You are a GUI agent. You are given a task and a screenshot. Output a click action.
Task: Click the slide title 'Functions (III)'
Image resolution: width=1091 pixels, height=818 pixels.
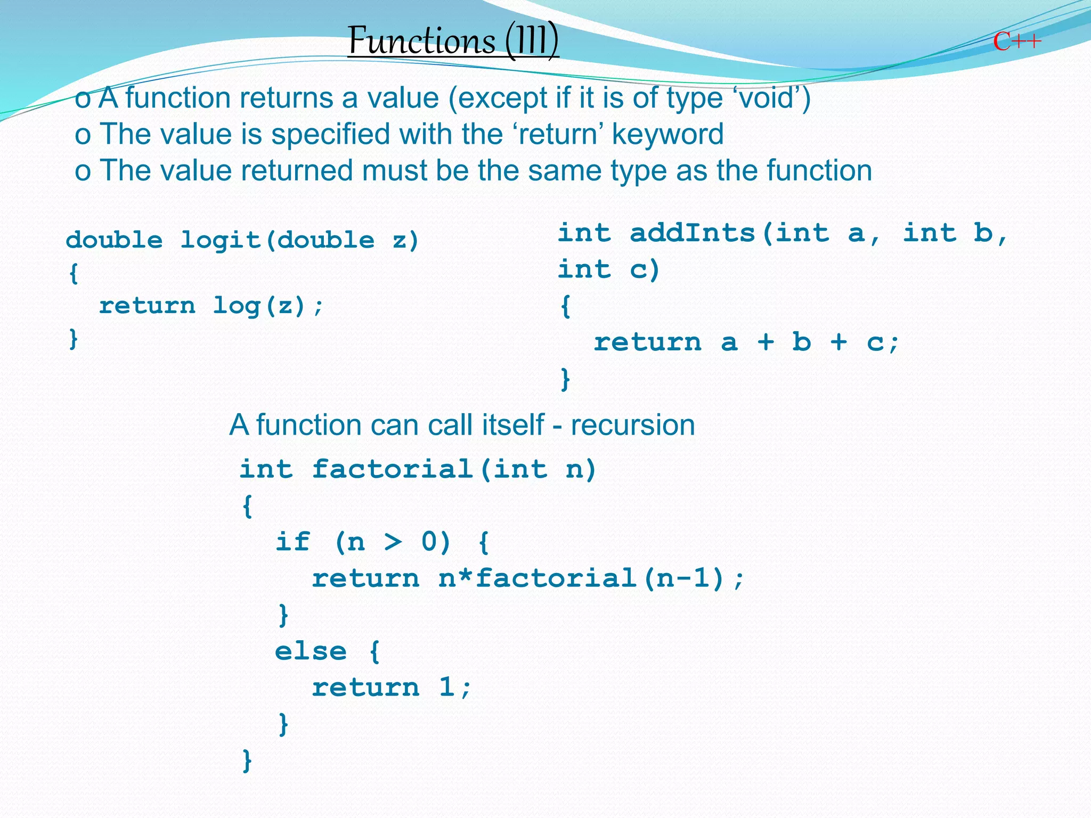click(x=453, y=40)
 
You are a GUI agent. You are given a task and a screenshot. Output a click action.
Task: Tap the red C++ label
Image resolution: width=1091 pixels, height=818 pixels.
click(x=1016, y=42)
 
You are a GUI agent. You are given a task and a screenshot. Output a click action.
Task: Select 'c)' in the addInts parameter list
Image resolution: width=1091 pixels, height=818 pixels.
click(x=645, y=269)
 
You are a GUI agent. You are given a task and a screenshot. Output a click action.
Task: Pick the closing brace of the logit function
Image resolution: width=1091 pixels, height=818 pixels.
click(x=74, y=339)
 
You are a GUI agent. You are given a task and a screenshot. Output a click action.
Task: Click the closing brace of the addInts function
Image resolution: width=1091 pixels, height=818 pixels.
click(x=565, y=379)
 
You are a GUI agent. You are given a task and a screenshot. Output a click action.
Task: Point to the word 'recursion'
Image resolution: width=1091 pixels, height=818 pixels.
click(x=633, y=426)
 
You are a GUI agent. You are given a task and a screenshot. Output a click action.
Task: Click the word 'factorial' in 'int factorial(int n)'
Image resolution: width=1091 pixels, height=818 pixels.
click(x=393, y=470)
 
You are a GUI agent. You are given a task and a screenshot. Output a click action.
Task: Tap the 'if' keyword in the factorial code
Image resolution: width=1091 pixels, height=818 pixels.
click(x=292, y=542)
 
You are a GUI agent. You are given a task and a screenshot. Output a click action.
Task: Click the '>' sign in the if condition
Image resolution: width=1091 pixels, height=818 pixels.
click(x=393, y=542)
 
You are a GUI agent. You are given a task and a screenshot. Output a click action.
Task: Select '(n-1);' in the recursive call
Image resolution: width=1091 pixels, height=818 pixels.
click(x=693, y=579)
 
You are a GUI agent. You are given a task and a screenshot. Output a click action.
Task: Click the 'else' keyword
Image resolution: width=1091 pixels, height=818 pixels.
click(x=311, y=651)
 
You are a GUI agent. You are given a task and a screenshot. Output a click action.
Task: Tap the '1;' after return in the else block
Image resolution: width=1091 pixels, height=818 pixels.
click(x=455, y=688)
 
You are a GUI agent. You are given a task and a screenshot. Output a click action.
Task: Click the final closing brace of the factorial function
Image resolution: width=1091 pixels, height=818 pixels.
click(x=247, y=760)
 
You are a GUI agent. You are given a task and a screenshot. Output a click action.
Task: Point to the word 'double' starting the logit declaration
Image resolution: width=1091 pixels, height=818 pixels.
click(x=114, y=240)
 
